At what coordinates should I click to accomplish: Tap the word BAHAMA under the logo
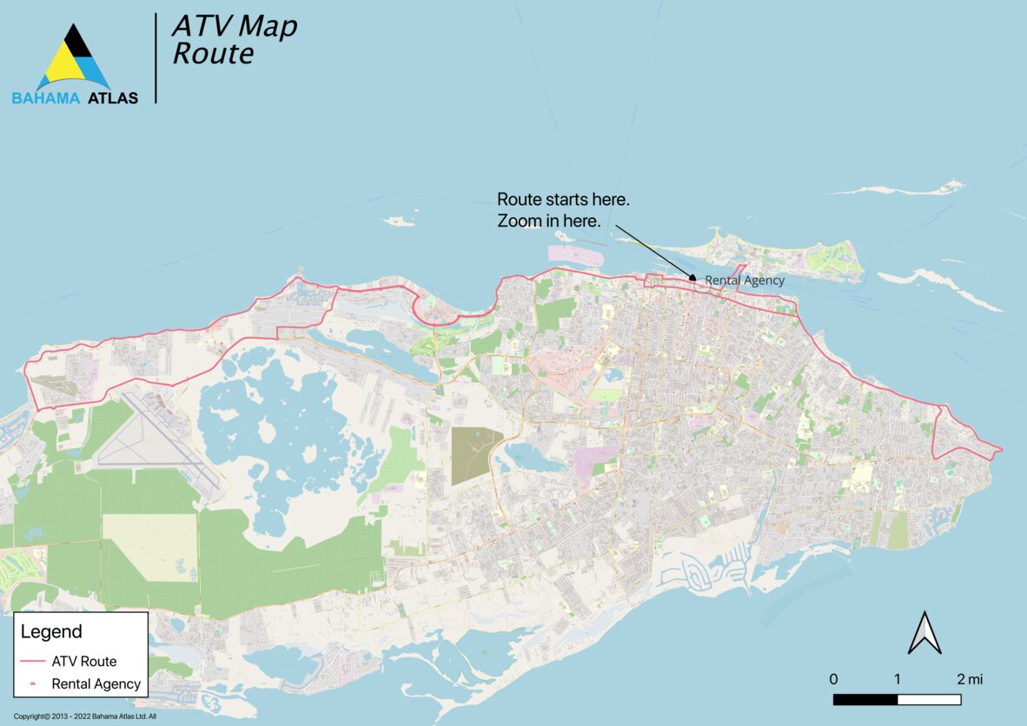pos(46,98)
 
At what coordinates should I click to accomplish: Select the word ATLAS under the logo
pos(112,98)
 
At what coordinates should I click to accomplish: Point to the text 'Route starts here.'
pos(563,200)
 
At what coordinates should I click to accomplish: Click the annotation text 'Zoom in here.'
pos(548,221)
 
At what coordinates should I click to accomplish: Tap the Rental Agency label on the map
pos(744,280)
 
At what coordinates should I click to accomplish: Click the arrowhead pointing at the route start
pos(692,278)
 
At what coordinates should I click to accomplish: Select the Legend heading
pos(51,631)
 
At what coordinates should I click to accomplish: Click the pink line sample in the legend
pos(32,662)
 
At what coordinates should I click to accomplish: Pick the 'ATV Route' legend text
pos(84,662)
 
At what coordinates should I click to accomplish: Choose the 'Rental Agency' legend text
pos(96,683)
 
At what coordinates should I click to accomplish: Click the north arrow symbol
pos(924,633)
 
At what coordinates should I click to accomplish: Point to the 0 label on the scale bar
pos(833,678)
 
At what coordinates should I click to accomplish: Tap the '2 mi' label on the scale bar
pos(970,678)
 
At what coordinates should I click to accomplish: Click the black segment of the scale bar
pos(865,699)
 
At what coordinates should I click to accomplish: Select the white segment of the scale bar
pos(929,699)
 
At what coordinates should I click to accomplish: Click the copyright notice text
pos(84,716)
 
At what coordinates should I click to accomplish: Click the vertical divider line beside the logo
pos(156,58)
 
